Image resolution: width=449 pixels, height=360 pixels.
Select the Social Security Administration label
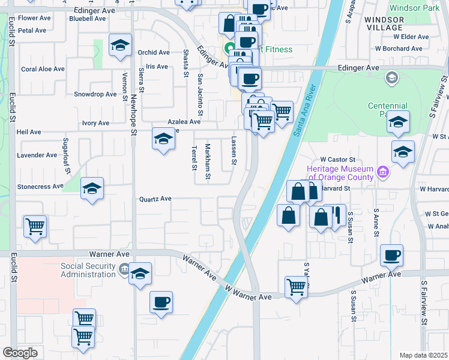coord(88,270)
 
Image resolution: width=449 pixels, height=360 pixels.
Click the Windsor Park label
coord(415,8)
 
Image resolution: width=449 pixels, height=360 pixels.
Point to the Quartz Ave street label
coord(155,199)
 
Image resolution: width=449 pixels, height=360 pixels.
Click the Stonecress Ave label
coord(40,187)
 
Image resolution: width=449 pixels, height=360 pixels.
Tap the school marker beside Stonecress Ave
coord(91,189)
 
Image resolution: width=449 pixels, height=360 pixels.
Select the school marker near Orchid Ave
coord(120,45)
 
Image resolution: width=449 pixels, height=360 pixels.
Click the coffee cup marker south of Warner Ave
coord(160,302)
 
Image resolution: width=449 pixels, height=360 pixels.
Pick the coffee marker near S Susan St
coord(391,255)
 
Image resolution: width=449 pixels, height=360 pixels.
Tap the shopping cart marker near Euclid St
coord(35,227)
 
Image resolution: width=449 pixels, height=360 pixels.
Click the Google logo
coord(20,353)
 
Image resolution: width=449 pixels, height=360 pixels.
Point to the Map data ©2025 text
coord(423,355)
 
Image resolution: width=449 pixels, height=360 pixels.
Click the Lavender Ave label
coord(37,155)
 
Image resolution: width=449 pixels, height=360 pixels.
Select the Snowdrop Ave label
coord(95,94)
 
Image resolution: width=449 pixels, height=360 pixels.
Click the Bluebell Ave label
coord(87,19)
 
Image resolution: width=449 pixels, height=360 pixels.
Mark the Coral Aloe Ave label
coord(43,69)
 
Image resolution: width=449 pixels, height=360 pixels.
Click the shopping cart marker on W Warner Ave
coord(297,287)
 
